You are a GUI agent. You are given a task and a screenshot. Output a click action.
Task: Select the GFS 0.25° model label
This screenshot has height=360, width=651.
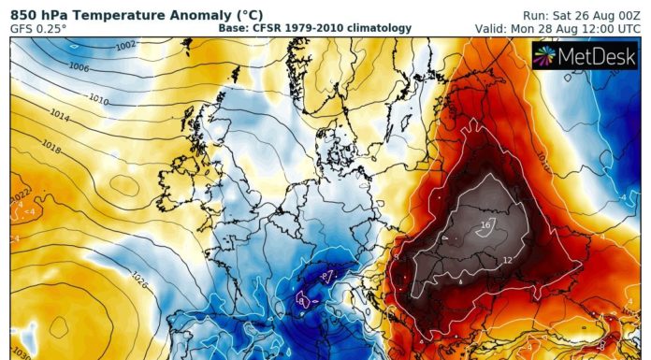37,28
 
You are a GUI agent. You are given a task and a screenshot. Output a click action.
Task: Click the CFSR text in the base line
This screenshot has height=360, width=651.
270,28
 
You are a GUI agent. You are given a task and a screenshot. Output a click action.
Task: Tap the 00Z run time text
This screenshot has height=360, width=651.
626,13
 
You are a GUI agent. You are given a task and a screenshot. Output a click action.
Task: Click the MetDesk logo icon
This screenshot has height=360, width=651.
544,56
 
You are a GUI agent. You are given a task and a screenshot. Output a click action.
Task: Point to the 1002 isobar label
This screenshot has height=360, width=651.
124,45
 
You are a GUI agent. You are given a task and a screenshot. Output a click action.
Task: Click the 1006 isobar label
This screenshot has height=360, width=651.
80,66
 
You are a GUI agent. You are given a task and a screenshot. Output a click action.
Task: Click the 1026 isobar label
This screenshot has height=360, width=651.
141,277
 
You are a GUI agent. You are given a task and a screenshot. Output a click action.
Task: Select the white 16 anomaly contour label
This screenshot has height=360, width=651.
485,225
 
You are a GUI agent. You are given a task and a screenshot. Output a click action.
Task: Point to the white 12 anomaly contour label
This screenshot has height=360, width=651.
507,260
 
